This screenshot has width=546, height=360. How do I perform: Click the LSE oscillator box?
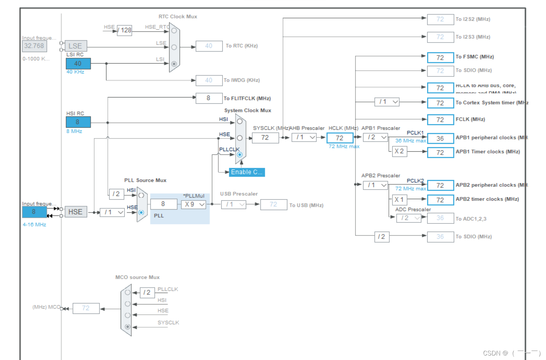tap(75, 46)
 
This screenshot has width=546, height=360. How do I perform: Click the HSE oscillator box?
tap(75, 212)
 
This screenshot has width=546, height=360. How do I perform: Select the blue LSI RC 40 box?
tap(78, 64)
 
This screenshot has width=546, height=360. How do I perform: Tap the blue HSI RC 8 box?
tap(78, 122)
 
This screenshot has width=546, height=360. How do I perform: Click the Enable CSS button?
tap(247, 172)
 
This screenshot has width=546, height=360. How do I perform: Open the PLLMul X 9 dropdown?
tap(194, 204)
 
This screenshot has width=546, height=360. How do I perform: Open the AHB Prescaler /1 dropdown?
tap(304, 137)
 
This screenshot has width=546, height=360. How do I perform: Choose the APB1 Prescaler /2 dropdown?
tap(375, 137)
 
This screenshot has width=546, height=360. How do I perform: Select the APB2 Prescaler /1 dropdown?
tap(375, 185)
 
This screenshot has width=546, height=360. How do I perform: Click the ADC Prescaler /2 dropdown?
tap(409, 218)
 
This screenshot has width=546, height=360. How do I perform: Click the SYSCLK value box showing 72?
tap(265, 138)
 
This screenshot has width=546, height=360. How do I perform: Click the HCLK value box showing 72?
tap(340, 138)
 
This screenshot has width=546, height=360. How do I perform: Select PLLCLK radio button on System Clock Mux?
tap(239, 155)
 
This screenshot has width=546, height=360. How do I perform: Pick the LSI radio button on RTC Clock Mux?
tap(174, 64)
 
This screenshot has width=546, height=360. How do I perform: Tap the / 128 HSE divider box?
tap(124, 30)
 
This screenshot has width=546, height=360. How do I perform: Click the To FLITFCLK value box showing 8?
tap(209, 98)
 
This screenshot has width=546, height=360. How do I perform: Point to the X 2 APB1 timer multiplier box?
tap(399, 152)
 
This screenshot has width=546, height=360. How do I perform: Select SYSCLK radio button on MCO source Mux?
tap(128, 327)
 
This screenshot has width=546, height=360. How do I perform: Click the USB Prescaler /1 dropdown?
tap(234, 204)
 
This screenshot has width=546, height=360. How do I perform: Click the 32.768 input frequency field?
tap(34, 46)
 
